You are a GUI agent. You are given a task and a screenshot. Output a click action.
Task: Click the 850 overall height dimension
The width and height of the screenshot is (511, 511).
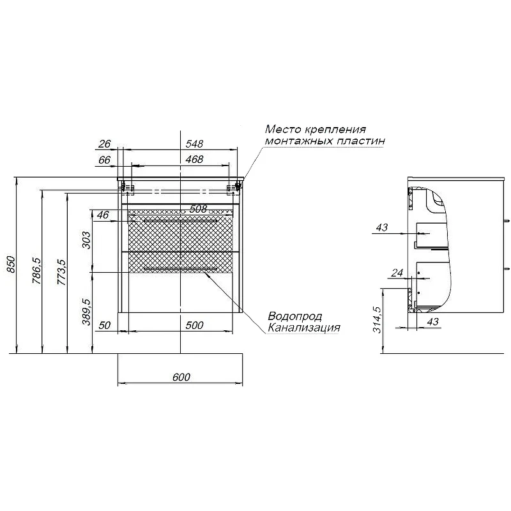tap(10, 264)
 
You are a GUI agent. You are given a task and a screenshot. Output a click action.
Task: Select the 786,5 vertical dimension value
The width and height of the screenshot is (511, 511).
tap(36, 270)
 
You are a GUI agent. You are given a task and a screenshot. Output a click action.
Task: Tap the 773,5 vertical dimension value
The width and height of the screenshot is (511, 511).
tap(61, 273)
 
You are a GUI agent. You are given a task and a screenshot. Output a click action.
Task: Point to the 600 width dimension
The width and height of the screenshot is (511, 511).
tap(181, 377)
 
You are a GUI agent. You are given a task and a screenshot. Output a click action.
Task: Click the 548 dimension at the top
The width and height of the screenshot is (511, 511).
tap(194, 143)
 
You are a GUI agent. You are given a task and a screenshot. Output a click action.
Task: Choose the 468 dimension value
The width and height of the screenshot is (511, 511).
tap(194, 159)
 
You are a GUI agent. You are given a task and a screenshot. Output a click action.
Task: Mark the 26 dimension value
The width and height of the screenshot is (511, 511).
tap(105, 143)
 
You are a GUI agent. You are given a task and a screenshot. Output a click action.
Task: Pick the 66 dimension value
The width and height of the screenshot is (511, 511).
tap(105, 160)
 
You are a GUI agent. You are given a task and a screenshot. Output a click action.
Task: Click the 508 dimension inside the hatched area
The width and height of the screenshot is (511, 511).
tap(198, 209)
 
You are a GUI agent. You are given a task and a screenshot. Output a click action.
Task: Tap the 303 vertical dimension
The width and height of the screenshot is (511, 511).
tap(86, 240)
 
